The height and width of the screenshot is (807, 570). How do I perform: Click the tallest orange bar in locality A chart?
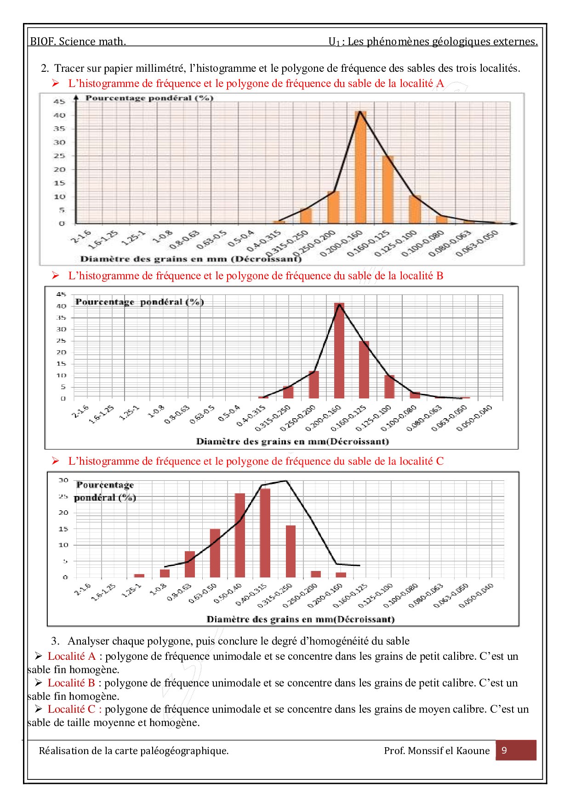point(360,168)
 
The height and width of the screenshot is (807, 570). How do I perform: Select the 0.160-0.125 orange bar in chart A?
point(388,190)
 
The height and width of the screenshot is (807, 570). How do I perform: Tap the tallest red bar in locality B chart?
point(339,351)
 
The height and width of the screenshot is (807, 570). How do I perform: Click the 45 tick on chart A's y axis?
point(59,101)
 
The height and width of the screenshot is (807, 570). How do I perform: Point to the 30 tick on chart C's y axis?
point(63,480)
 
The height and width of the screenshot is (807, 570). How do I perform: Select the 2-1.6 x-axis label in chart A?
point(81,236)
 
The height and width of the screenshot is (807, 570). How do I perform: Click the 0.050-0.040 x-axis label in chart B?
point(474,418)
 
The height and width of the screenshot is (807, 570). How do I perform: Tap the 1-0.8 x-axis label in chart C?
point(158,589)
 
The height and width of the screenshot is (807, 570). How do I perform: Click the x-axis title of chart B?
point(292,441)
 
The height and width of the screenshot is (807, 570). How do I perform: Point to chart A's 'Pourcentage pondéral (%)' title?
point(149,98)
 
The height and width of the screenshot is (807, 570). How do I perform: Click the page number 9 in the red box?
point(504,750)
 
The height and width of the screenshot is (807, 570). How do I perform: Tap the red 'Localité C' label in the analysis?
point(71,709)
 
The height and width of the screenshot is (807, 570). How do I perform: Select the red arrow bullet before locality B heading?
point(56,276)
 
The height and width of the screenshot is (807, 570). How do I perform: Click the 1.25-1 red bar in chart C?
point(139,575)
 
